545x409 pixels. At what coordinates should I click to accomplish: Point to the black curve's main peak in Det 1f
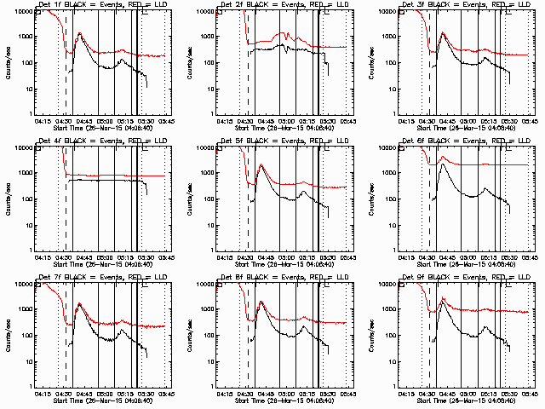tap(79, 34)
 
